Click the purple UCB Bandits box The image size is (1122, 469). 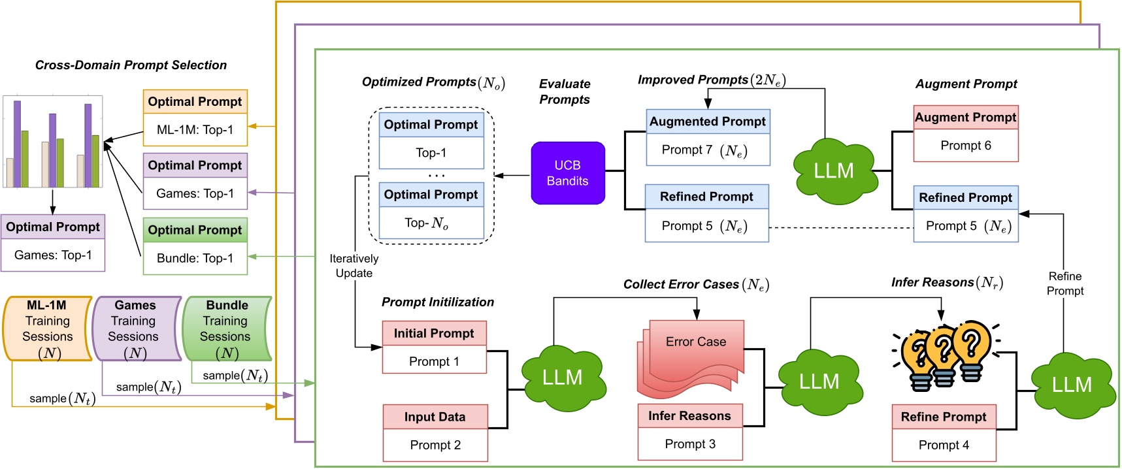click(567, 173)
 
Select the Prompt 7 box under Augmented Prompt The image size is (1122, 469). click(708, 150)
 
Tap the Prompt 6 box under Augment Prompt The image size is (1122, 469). click(965, 146)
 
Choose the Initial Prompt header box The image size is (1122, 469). click(434, 333)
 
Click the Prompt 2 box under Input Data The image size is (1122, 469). click(435, 445)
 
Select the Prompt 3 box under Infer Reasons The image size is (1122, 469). click(690, 444)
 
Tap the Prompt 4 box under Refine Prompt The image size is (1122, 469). click(944, 445)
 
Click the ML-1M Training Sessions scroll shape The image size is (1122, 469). click(47, 329)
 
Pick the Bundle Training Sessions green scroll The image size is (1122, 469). click(226, 329)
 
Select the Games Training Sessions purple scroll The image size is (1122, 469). click(135, 329)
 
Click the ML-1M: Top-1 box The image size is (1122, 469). click(195, 130)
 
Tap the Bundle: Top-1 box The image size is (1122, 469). click(195, 259)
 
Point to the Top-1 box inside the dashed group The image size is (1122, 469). click(431, 153)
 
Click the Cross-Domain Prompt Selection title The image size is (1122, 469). click(131, 65)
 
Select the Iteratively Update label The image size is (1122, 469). click(354, 266)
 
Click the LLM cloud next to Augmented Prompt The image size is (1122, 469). click(833, 171)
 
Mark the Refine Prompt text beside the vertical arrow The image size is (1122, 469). click(1064, 283)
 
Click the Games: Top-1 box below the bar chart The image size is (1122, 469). click(53, 255)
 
